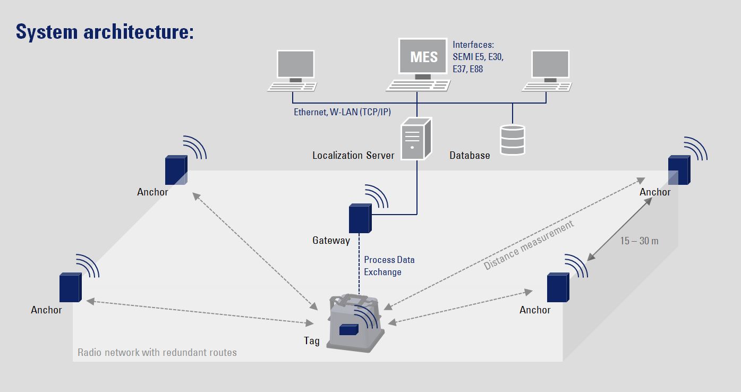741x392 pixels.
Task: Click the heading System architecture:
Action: (105, 31)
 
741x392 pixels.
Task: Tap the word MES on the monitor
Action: (424, 56)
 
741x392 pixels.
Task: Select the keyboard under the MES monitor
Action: (418, 85)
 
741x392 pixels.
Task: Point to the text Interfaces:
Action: (473, 45)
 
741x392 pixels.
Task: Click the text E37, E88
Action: (468, 69)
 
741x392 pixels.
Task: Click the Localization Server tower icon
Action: (413, 138)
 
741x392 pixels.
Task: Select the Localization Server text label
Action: (353, 156)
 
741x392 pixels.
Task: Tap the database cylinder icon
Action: (513, 140)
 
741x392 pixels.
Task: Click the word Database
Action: (470, 156)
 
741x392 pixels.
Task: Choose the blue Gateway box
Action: (359, 218)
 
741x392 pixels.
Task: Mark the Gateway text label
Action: (331, 241)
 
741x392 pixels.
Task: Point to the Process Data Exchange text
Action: (389, 266)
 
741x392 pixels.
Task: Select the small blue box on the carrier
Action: (348, 329)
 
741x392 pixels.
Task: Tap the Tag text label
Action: (312, 341)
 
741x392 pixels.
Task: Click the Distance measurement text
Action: (529, 245)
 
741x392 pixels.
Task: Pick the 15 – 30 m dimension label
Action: (639, 241)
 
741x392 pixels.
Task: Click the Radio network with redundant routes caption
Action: (157, 352)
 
